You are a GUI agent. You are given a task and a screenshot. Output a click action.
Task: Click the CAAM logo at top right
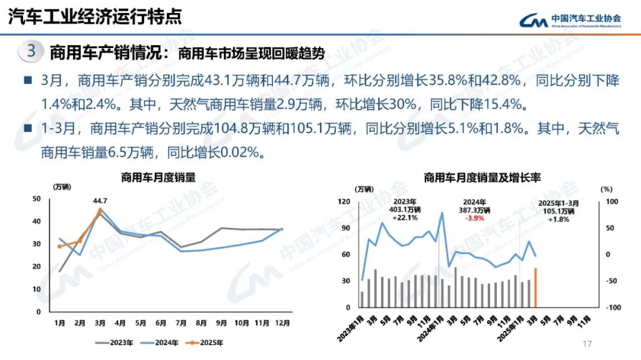click(x=570, y=20)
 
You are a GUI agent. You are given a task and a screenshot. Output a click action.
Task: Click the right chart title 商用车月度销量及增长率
click(x=482, y=177)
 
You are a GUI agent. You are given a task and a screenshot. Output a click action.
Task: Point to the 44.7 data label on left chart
click(x=100, y=200)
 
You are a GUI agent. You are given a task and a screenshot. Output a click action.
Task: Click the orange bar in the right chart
click(x=535, y=288)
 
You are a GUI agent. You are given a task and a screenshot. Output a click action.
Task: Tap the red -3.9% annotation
click(x=475, y=218)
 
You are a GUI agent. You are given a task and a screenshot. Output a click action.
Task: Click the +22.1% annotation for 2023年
click(x=405, y=218)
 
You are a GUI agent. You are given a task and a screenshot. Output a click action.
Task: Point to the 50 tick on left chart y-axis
click(x=37, y=199)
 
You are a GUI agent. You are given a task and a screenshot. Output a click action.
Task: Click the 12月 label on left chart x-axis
click(x=283, y=323)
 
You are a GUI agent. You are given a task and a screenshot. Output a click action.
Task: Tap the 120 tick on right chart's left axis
click(x=345, y=202)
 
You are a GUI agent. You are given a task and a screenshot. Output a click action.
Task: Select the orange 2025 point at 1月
click(x=59, y=246)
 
